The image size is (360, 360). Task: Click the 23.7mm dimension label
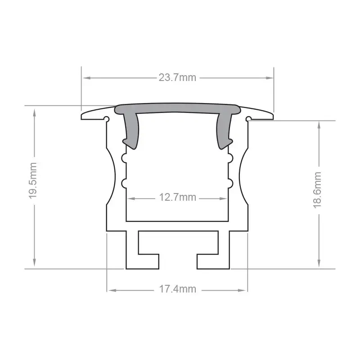coord(177,77)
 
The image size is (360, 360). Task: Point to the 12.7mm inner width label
coord(177,197)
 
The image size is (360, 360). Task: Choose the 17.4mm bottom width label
coord(177,289)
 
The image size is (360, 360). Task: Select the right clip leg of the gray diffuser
coord(224,130)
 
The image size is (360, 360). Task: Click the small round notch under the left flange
coord(107,119)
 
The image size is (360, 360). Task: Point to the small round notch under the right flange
coord(248,119)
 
